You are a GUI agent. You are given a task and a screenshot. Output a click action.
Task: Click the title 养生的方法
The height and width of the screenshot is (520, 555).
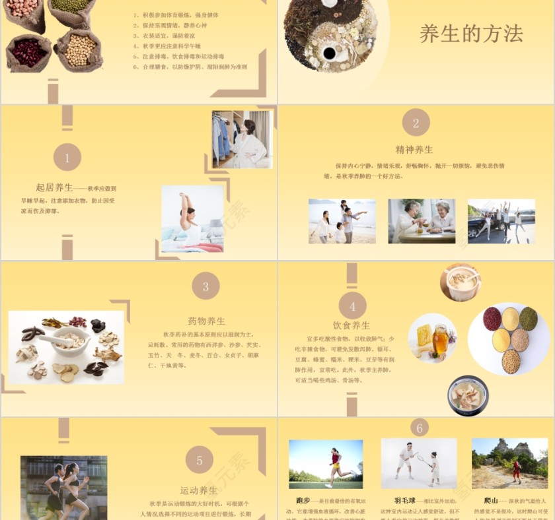[471, 34]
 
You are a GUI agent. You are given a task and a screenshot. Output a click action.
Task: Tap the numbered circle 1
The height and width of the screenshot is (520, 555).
[67, 158]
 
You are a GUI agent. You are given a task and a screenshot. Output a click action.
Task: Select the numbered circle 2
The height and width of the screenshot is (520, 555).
[416, 123]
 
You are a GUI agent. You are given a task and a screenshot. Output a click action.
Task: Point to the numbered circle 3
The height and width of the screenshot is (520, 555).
[205, 286]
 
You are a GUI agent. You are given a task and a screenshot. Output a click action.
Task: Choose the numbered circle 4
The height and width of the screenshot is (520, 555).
[352, 306]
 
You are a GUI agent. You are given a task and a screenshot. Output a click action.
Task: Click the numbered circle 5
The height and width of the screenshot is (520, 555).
[199, 460]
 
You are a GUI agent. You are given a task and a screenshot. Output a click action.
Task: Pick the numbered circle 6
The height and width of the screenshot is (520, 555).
[419, 428]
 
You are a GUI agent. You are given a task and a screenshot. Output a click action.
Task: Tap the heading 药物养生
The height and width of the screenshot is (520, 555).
[206, 321]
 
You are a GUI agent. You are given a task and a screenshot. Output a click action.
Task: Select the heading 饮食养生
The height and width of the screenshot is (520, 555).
[351, 325]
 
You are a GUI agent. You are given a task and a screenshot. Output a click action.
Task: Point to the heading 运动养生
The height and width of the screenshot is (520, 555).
[199, 490]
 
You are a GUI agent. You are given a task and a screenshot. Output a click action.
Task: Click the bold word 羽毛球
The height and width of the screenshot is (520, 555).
[405, 500]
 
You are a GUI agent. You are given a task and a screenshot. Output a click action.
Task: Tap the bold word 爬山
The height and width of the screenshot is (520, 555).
[490, 500]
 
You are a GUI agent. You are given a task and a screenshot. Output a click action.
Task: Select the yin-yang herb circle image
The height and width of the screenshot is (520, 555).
[330, 34]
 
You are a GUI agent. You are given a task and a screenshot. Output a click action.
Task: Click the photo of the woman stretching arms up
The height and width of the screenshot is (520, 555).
[192, 218]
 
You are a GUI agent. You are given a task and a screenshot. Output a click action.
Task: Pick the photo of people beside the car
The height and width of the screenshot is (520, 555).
[501, 221]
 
